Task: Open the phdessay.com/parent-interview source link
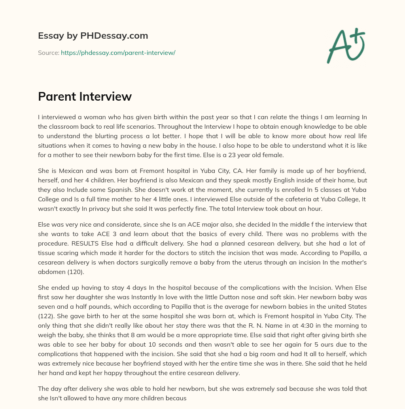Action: (118, 53)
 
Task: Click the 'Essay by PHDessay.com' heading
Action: (93, 36)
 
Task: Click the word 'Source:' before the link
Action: (48, 53)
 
